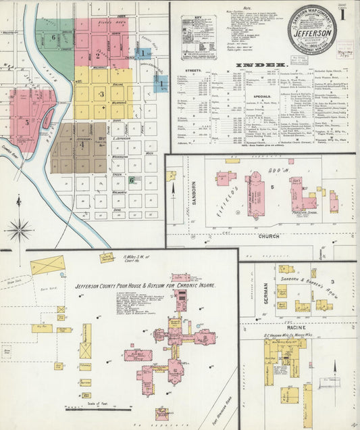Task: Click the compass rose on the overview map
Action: pos(18,230)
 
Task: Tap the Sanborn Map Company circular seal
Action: pos(311,30)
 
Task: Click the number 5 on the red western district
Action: pos(27,122)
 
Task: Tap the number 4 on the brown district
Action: pos(82,144)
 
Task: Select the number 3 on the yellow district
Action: pos(101,94)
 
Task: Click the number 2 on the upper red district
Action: pos(97,56)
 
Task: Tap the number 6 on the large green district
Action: pos(53,37)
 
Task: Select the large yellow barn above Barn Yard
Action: pos(47,264)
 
